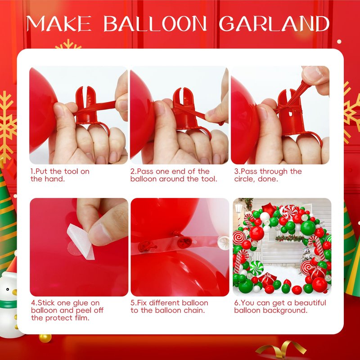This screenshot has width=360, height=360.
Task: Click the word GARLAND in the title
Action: click(x=274, y=23)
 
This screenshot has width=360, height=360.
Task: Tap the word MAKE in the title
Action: click(x=59, y=23)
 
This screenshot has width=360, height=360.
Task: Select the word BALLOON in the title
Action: click(x=155, y=23)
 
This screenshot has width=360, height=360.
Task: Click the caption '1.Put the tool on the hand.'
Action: click(x=60, y=175)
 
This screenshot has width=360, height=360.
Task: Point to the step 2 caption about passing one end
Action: click(x=174, y=175)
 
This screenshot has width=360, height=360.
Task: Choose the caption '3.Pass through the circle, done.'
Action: click(x=268, y=175)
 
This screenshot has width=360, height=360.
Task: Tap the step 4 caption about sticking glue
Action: click(x=67, y=310)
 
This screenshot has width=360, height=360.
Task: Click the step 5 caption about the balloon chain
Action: click(x=169, y=307)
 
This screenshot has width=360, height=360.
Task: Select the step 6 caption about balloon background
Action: click(x=280, y=307)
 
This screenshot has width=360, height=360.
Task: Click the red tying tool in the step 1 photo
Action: click(x=90, y=108)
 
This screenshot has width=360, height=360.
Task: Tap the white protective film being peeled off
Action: click(x=81, y=242)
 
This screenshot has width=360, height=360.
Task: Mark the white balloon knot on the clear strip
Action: click(x=223, y=243)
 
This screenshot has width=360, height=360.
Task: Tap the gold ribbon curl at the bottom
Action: click(x=281, y=350)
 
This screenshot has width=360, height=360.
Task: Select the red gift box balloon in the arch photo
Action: click(x=267, y=279)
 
